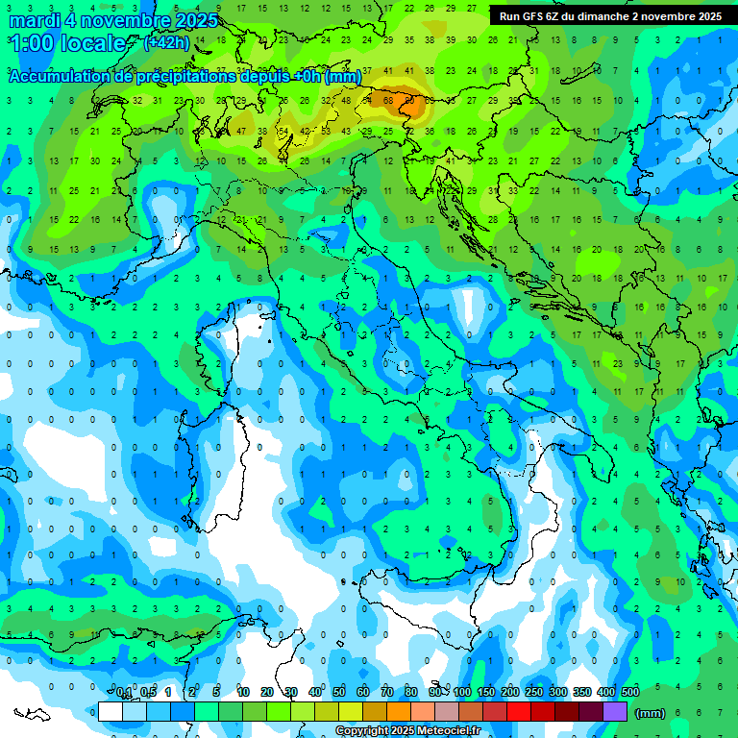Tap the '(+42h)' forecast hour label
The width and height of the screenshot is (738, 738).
(x=166, y=42)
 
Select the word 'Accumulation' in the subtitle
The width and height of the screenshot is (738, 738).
(x=59, y=76)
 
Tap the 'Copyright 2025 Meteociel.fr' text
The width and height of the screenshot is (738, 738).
(x=407, y=731)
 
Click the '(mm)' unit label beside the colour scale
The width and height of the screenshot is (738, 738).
(x=651, y=713)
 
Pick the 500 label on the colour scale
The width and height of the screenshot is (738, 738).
(x=629, y=692)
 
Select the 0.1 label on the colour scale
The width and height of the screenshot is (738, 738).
(x=124, y=692)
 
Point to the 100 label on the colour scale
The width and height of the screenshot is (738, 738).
(x=462, y=692)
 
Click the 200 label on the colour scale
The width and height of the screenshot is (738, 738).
(x=510, y=692)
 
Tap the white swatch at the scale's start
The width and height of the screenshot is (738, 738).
(x=111, y=712)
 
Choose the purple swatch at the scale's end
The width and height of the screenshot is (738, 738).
(x=614, y=712)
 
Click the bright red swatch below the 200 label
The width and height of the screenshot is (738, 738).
(x=518, y=712)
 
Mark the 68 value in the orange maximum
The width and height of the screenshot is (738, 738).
(x=389, y=100)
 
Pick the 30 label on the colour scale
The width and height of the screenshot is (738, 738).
(x=290, y=692)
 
